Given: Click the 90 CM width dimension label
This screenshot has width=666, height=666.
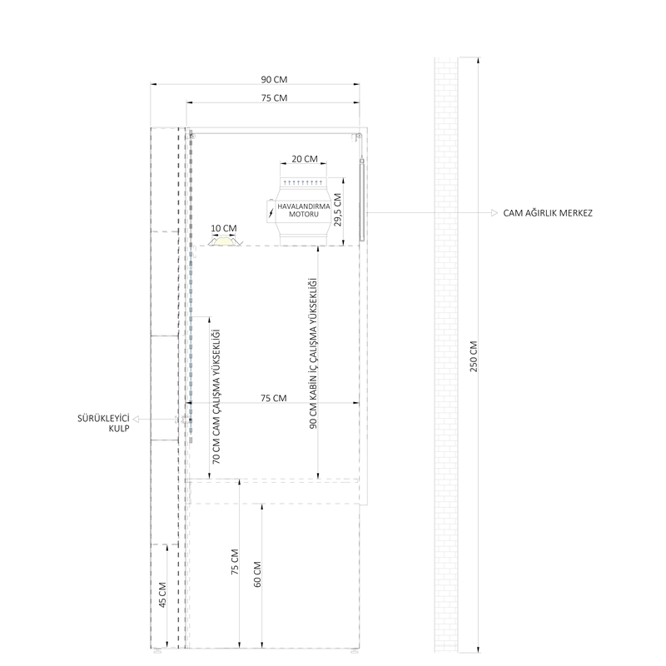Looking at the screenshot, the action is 274,79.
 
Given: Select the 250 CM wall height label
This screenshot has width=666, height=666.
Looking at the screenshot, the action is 474,356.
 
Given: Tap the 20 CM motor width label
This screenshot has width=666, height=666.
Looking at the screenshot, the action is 305,159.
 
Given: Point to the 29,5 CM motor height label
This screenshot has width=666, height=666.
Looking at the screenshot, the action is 338,210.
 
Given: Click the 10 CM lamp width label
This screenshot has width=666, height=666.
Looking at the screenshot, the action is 224,228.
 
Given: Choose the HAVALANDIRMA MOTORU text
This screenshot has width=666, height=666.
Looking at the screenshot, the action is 304,211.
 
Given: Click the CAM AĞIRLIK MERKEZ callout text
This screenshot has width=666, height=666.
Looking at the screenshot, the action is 548,213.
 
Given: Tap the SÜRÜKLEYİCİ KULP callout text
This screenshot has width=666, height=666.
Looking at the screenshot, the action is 103,424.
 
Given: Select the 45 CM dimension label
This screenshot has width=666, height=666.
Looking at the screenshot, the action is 162,594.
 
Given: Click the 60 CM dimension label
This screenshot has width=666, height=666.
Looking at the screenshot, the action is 257,574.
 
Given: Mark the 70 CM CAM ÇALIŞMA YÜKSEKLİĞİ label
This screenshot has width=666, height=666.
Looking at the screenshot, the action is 216,396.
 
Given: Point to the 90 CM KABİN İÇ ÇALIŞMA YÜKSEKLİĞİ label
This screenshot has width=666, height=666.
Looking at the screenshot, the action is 313,353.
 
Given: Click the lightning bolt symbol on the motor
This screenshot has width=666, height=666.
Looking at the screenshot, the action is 271,212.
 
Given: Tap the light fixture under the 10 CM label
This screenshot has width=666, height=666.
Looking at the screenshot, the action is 225,241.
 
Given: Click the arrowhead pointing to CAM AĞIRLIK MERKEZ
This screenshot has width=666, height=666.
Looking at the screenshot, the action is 494,213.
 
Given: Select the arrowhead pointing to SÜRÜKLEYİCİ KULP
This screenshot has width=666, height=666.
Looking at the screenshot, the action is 136,420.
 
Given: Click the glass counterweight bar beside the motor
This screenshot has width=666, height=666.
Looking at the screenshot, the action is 362,200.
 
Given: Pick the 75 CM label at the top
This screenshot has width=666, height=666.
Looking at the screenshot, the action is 274,98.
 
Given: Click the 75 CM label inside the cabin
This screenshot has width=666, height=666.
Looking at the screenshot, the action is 274,398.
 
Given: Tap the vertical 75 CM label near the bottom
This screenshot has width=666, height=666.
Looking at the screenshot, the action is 235,562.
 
